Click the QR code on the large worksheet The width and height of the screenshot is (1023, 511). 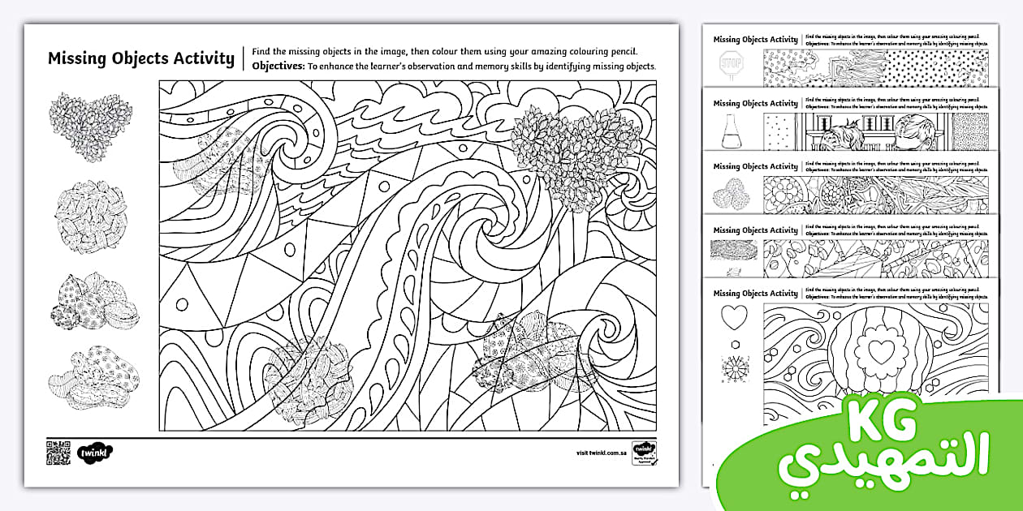(x=58, y=452)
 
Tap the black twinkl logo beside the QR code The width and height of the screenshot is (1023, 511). (x=96, y=452)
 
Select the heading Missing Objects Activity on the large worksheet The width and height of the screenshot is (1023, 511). (x=140, y=58)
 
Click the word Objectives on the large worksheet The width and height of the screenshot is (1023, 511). (x=278, y=67)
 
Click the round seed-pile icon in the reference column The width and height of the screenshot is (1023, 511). (x=90, y=213)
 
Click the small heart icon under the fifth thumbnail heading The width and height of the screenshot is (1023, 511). (x=734, y=317)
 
